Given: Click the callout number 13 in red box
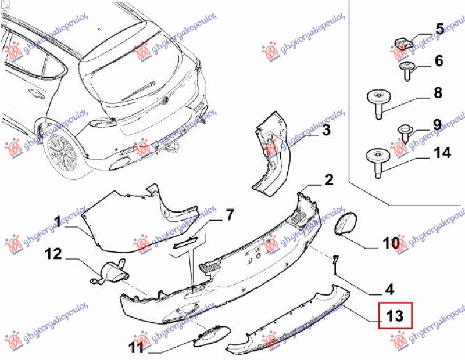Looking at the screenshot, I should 395,316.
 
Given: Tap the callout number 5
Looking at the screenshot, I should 439,28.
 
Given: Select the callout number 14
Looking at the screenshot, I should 442,153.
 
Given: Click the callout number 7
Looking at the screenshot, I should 230,215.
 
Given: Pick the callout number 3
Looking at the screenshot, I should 326,130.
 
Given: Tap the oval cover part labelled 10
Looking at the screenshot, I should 346,224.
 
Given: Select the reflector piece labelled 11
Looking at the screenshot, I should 209,335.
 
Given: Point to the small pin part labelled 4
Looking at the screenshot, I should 336,263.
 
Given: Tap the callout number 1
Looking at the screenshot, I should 58,220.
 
